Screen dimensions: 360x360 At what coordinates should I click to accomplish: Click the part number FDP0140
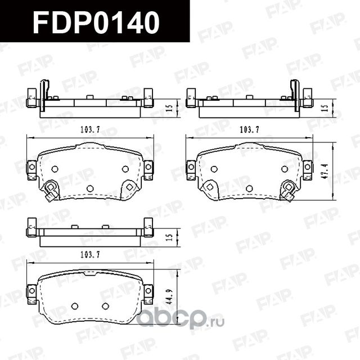coord(96,22)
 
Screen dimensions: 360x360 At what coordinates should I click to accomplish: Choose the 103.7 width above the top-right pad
coord(249,130)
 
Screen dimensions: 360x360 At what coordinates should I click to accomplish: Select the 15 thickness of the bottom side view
coord(168,236)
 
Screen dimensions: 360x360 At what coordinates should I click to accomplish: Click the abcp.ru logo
coord(181,319)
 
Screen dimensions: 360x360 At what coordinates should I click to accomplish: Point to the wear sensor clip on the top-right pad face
coord(289,190)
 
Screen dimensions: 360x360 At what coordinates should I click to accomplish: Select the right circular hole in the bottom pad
coord(105,305)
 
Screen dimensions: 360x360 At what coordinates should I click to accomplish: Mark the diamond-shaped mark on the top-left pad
coord(129,186)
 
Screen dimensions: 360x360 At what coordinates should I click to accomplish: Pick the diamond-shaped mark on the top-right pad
coord(210,186)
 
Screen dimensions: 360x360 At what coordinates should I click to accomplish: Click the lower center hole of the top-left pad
coord(90,188)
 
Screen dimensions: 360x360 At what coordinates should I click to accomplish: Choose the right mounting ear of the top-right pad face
coord(307,168)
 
